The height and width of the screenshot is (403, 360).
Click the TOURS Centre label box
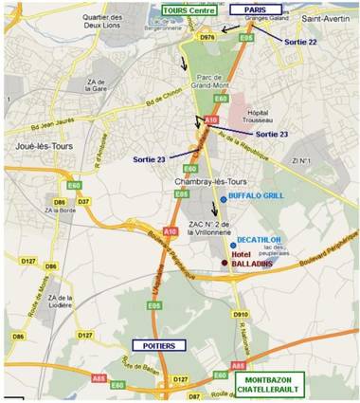point(188,9)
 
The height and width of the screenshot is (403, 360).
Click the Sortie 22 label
point(299,43)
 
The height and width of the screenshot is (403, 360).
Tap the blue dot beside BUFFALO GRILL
point(223,198)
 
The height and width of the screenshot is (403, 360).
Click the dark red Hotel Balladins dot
point(224,263)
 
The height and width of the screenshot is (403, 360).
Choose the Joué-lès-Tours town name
point(33,147)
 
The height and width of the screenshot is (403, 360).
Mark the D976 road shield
point(207,35)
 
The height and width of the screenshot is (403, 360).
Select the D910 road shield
point(241,313)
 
